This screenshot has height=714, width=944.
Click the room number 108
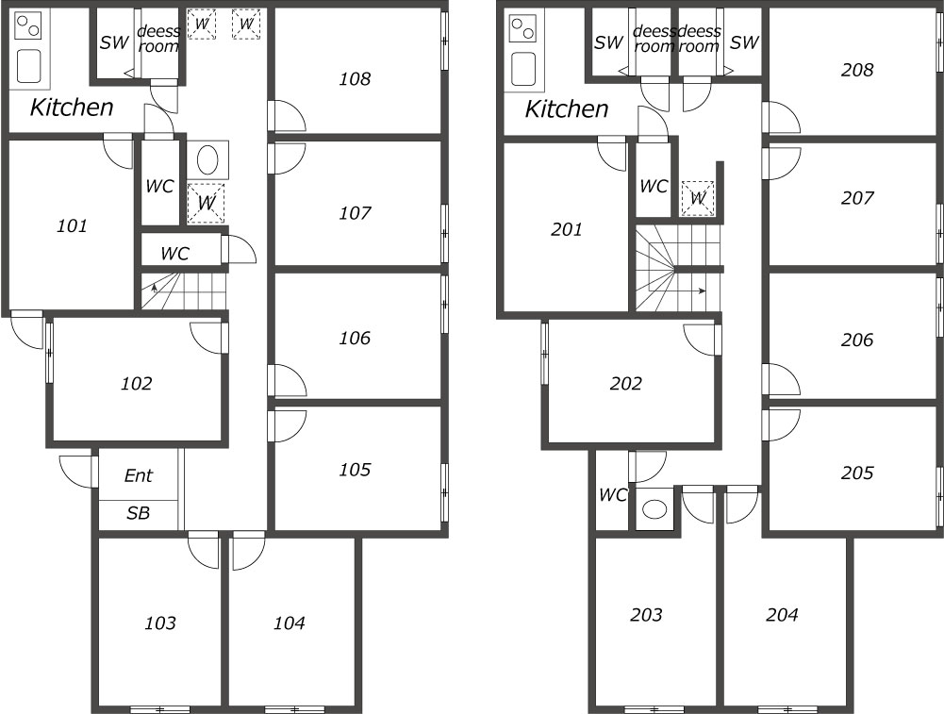pos(355,79)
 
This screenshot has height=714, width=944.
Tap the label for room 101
pos(73,225)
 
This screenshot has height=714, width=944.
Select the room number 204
pos(782,615)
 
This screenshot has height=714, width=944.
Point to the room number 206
pos(856,340)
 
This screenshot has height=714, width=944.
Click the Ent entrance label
pos(139,475)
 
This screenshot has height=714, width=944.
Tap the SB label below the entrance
pos(138,513)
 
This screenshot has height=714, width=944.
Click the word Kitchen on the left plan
pos(72,108)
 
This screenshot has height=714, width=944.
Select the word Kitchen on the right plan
pos(567,109)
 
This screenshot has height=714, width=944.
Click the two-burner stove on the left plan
pos(27,27)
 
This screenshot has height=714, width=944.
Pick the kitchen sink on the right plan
pos(523,69)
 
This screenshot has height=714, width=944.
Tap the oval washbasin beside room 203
pos(655,509)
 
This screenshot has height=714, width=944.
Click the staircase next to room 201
pos(678,268)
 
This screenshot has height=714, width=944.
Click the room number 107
pos(355,213)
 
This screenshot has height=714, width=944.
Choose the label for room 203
pos(647,615)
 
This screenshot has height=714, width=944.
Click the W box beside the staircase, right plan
pos(698,198)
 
